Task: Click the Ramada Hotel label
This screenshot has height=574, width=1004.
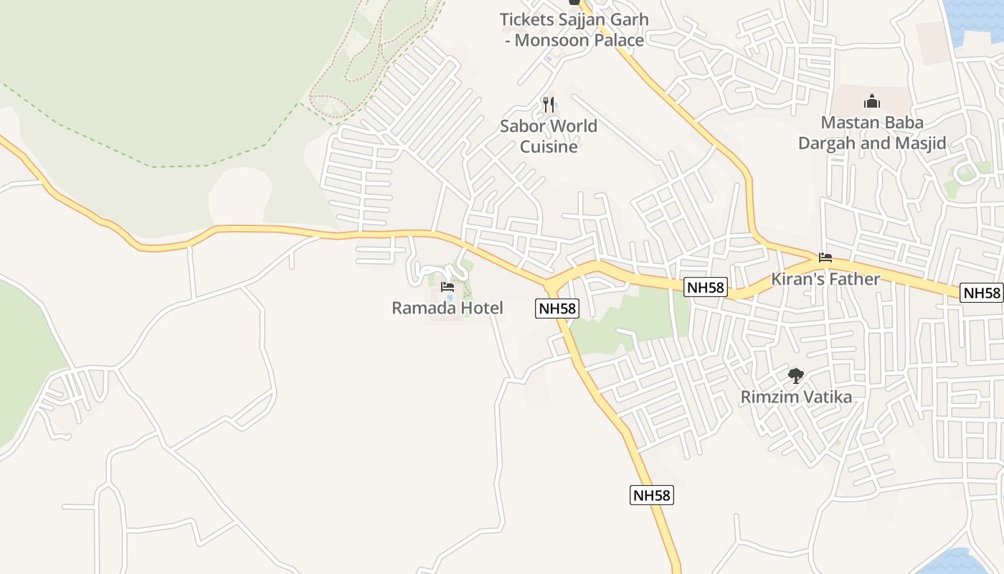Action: (447, 309)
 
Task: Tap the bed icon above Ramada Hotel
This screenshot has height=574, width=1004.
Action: (447, 287)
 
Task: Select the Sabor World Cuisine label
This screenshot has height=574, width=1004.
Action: (549, 136)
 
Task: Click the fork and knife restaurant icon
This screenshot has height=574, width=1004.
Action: (549, 105)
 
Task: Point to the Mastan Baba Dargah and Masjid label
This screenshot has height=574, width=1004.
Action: (872, 133)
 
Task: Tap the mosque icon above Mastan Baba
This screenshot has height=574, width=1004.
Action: (872, 100)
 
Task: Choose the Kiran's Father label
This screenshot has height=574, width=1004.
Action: (825, 279)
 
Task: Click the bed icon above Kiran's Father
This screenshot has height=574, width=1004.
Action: (825, 258)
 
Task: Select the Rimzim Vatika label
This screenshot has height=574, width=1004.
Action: (796, 397)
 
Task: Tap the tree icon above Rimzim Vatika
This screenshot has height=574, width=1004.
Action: (795, 375)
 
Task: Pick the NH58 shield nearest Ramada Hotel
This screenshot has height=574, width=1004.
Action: (557, 309)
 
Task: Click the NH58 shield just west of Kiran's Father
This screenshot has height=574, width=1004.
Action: (706, 288)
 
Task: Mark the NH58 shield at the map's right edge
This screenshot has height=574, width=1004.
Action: (982, 293)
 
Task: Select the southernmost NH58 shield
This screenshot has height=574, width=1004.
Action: (652, 495)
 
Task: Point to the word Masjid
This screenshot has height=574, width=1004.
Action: (920, 143)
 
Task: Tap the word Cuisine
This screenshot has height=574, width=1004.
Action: (549, 147)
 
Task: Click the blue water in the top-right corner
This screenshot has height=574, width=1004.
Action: (979, 18)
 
